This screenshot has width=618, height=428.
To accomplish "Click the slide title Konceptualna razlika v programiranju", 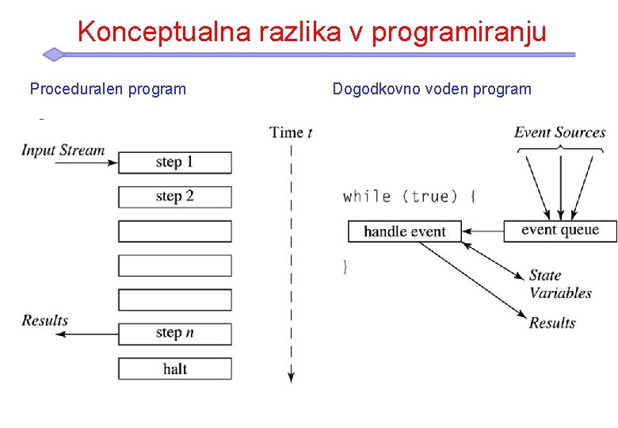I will click(x=312, y=32).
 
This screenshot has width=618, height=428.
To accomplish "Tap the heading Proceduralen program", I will click(x=108, y=89).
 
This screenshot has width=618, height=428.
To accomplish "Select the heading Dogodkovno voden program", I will click(x=432, y=89).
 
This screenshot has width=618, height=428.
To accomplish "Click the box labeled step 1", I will click(x=175, y=162).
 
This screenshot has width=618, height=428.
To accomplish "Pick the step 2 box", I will click(x=175, y=197).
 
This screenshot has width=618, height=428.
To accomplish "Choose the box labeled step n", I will click(x=175, y=334).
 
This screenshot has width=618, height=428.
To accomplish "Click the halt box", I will click(x=175, y=369).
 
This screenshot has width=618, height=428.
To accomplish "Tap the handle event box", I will click(x=404, y=231).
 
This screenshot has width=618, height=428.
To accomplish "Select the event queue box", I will click(x=559, y=231).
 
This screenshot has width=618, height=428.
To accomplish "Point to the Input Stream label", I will click(x=63, y=150).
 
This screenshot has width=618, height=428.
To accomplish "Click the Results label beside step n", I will click(x=45, y=320).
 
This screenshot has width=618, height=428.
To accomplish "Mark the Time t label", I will click(x=291, y=132).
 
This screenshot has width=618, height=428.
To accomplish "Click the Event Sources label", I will click(x=559, y=132).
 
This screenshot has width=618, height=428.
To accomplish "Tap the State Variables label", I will click(x=559, y=284).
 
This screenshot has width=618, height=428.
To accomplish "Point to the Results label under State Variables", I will click(x=552, y=323).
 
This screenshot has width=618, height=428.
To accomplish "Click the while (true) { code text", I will click(x=409, y=196).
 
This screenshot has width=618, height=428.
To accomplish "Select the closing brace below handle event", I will click(x=345, y=266).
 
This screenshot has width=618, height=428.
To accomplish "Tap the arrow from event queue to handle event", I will click(x=483, y=231).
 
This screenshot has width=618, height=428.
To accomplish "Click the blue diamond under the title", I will click(x=53, y=55).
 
